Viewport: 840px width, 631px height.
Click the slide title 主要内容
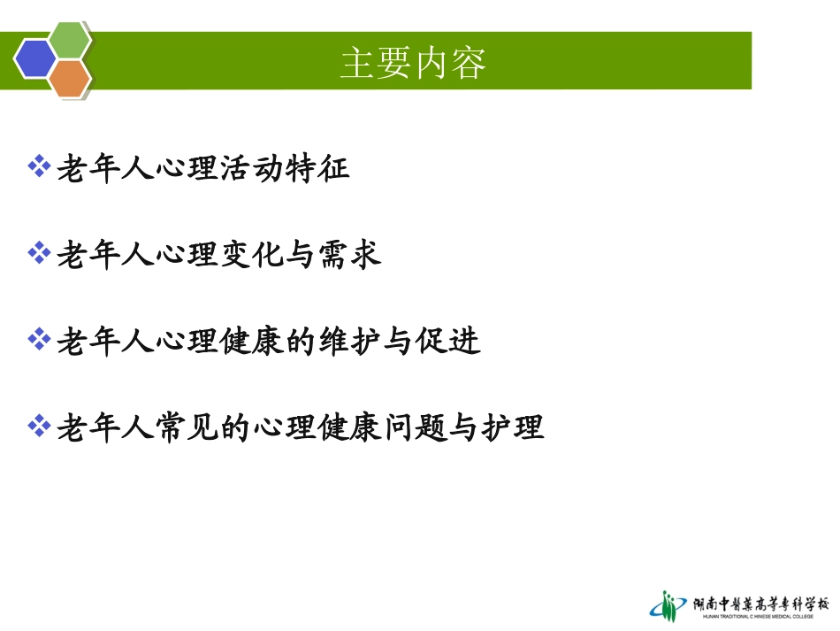413,63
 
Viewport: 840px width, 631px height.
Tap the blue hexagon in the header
34,58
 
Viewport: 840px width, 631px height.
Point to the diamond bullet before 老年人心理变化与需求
39,253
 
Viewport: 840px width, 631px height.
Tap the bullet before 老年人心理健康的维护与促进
39,339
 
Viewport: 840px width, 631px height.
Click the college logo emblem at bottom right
668,605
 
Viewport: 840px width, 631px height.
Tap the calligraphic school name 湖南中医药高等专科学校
760,602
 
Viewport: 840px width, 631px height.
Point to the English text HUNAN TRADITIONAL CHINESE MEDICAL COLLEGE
760,616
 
